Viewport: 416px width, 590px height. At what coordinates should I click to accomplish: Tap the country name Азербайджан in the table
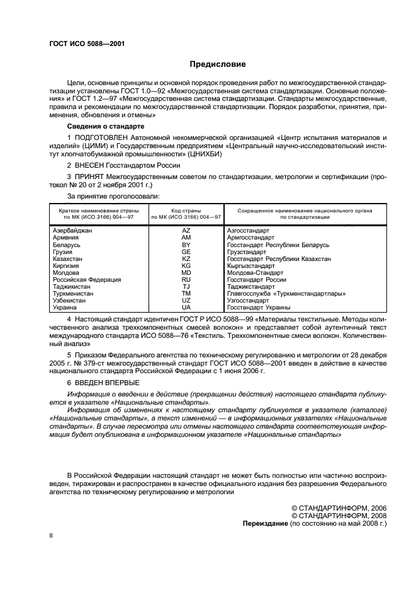click(72, 231)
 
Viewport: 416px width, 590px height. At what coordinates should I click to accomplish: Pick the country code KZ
click(186, 259)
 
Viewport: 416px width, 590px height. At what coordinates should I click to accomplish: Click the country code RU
click(186, 279)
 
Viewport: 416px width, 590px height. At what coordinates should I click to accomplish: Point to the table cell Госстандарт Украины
click(259, 307)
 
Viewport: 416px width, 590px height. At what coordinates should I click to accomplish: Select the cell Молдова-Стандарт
click(255, 272)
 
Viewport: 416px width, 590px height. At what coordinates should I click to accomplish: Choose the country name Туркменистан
click(74, 293)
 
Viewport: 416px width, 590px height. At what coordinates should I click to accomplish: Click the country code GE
click(186, 252)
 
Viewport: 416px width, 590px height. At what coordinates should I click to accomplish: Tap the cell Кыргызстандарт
click(253, 266)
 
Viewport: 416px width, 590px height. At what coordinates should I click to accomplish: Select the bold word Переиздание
click(266, 524)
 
